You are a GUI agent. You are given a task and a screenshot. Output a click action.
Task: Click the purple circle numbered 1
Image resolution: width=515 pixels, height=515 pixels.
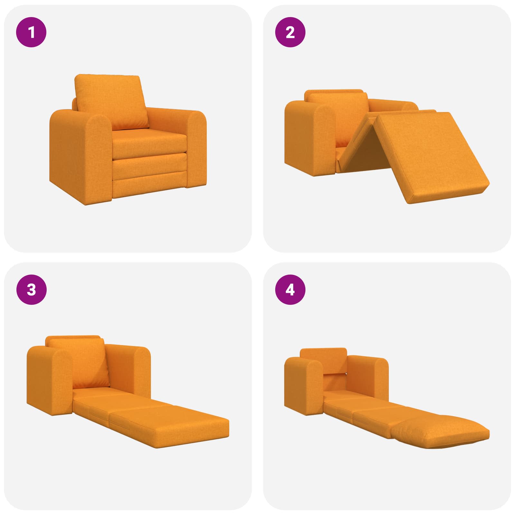32,33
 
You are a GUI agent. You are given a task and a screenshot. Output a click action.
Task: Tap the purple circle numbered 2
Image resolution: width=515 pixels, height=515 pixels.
290,33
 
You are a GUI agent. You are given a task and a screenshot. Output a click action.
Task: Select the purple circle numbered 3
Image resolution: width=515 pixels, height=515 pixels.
32,290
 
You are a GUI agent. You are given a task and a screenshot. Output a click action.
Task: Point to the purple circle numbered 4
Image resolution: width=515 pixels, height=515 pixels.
290,290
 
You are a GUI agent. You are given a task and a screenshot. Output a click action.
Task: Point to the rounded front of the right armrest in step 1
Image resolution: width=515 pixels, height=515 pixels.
197,148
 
